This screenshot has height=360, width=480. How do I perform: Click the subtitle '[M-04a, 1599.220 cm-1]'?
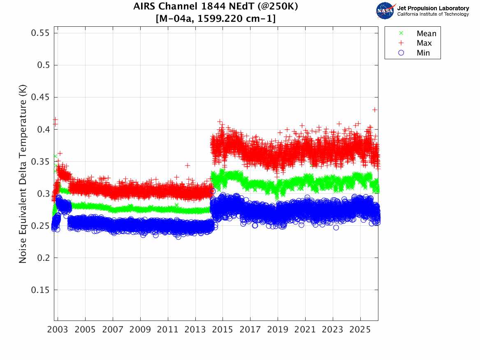(216, 19)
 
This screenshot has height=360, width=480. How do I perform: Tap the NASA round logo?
(385, 11)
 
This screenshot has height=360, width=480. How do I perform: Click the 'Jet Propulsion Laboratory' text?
(433, 8)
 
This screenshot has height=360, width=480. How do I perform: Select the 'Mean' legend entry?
(426, 34)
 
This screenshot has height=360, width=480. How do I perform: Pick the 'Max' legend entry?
(424, 43)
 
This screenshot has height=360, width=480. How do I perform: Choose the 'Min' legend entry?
(423, 53)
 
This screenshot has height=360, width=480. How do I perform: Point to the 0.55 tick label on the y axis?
(40, 33)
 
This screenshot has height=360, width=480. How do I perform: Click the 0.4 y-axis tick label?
(42, 129)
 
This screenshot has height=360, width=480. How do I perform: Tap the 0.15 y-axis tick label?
(40, 290)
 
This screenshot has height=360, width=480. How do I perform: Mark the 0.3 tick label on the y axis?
(42, 194)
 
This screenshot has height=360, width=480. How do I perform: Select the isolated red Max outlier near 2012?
(188, 165)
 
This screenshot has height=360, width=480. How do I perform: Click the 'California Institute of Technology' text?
(433, 14)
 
